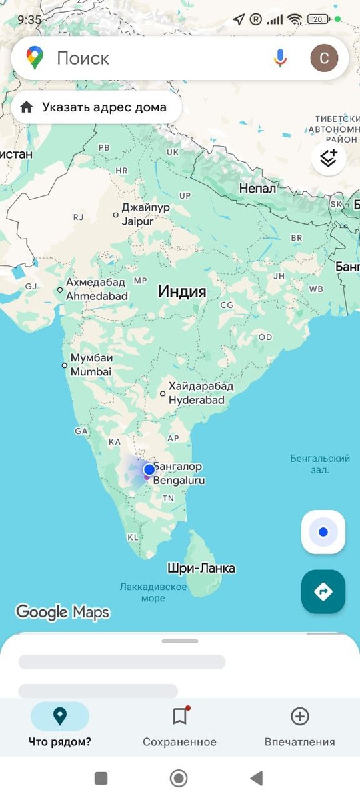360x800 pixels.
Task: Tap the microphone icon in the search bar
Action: (x=280, y=58)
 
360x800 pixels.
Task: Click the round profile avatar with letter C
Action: (x=324, y=58)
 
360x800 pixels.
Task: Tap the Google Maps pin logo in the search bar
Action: (x=35, y=58)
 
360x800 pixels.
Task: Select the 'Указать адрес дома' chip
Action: (x=96, y=107)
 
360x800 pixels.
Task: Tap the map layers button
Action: (x=328, y=158)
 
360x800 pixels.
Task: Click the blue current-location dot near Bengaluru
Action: (x=149, y=469)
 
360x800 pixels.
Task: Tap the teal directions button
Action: (x=323, y=591)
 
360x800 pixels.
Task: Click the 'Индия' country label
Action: (x=182, y=291)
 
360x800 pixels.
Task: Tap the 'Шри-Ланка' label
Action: (x=201, y=569)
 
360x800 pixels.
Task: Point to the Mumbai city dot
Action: (x=65, y=365)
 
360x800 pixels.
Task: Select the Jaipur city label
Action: (x=145, y=214)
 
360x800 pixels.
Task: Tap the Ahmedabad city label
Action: (x=97, y=289)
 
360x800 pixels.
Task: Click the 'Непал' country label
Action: (x=257, y=189)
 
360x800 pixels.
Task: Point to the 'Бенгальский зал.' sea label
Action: (x=320, y=464)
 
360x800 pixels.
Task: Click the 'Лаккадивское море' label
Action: (x=153, y=593)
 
